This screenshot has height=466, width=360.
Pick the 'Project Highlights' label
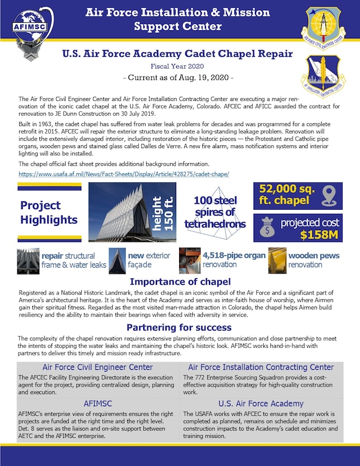coord(49,213)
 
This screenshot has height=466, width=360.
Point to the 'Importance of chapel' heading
coord(180,282)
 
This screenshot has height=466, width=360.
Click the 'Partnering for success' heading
coord(180,327)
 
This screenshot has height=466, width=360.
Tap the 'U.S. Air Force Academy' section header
coord(261,403)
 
